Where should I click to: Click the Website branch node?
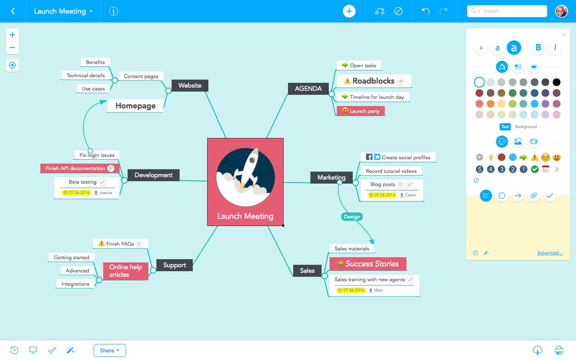click(x=190, y=85)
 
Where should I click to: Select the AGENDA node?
click(x=308, y=88)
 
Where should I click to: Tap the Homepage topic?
click(x=135, y=106)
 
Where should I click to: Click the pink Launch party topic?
click(x=361, y=111)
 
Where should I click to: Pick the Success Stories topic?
click(x=368, y=264)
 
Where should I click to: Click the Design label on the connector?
click(x=352, y=216)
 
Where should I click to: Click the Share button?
click(x=110, y=350)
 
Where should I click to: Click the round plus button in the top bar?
click(x=349, y=11)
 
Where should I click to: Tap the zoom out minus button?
click(x=12, y=48)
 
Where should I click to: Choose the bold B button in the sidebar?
click(x=538, y=48)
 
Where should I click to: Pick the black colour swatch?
click(x=556, y=82)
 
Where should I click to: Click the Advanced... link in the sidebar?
click(x=550, y=253)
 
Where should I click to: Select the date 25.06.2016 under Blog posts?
click(x=382, y=195)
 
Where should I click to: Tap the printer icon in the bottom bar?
click(x=559, y=350)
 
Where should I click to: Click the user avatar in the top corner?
click(x=561, y=11)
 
